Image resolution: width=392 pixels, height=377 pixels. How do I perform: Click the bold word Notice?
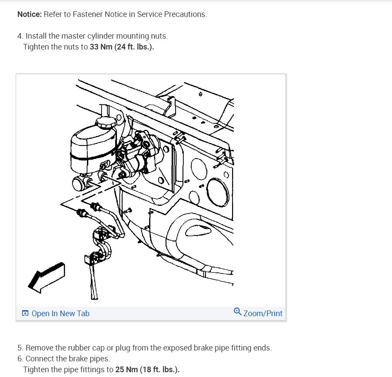click(x=29, y=14)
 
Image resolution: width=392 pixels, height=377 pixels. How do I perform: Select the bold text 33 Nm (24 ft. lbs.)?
click(x=122, y=46)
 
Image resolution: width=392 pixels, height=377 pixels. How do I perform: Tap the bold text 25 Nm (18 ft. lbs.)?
click(x=147, y=370)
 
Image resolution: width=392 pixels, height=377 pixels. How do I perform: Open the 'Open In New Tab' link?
click(x=60, y=313)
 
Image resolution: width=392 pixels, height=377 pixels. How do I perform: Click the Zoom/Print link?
click(x=263, y=313)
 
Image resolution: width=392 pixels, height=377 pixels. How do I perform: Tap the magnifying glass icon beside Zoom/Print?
click(x=237, y=311)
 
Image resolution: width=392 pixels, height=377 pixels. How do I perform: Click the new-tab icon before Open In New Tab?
click(x=25, y=313)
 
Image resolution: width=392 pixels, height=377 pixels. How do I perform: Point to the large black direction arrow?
click(x=46, y=275)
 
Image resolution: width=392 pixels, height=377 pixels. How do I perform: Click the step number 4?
click(x=20, y=36)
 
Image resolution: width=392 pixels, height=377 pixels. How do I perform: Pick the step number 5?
click(x=20, y=348)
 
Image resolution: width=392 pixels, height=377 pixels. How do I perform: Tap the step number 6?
click(x=20, y=359)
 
